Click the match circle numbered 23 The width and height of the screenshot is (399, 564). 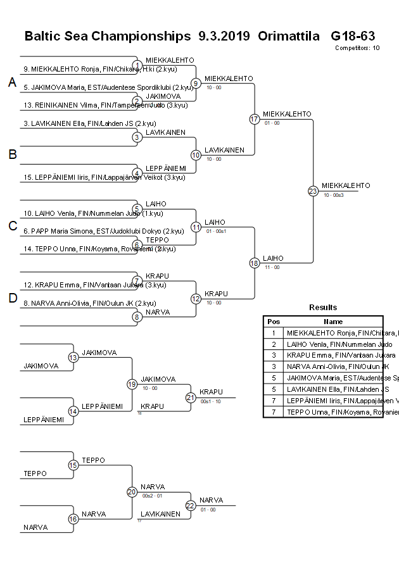coord(313,191)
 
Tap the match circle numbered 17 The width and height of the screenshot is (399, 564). coord(255,119)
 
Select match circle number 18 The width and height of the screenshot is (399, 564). coord(255,263)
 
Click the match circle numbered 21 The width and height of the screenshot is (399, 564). coord(191,398)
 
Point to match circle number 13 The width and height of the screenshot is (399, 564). coord(73,358)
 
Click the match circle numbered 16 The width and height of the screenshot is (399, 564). coord(73,519)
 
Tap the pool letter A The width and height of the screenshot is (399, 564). coord(12,83)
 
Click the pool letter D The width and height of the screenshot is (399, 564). coord(12,299)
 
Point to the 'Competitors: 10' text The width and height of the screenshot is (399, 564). coord(357,47)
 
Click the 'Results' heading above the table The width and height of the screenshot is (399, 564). coord(323,308)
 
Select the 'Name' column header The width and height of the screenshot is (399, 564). coord(333,322)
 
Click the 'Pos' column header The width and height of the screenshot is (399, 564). coord(274,322)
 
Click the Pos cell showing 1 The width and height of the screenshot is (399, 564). coord(274,333)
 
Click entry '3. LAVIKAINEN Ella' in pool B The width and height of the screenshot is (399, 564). coord(90,123)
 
